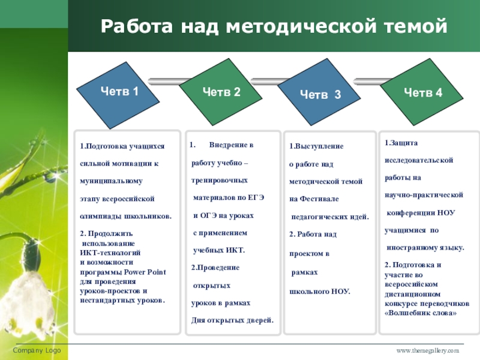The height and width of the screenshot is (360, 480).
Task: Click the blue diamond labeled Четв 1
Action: pyautogui.click(x=118, y=92)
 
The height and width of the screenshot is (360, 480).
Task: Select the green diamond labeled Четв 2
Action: pyautogui.click(x=221, y=92)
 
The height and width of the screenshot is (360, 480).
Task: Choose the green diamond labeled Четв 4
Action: pyautogui.click(x=422, y=92)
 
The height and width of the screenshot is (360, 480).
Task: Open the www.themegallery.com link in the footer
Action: pyautogui.click(x=427, y=350)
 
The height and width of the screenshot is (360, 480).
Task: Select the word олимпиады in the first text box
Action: pyautogui.click(x=101, y=216)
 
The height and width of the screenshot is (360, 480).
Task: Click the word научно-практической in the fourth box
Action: pyautogui.click(x=424, y=195)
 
